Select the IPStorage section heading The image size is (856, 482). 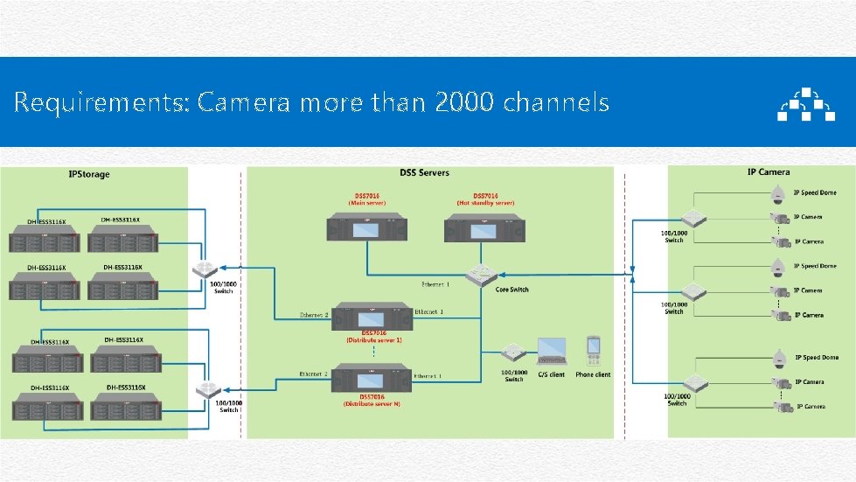click(x=89, y=174)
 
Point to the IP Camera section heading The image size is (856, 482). click(x=768, y=172)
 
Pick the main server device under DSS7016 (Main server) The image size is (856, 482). click(x=367, y=228)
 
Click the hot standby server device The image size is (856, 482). click(x=485, y=229)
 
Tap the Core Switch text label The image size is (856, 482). click(x=512, y=290)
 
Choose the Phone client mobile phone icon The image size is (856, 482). click(x=593, y=350)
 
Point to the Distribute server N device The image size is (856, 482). click(x=373, y=381)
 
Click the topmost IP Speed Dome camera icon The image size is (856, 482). click(x=776, y=197)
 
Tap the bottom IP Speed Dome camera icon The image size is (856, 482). click(x=779, y=358)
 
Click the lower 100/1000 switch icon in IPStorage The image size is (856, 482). click(x=208, y=391)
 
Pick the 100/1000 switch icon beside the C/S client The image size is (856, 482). click(x=513, y=354)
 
